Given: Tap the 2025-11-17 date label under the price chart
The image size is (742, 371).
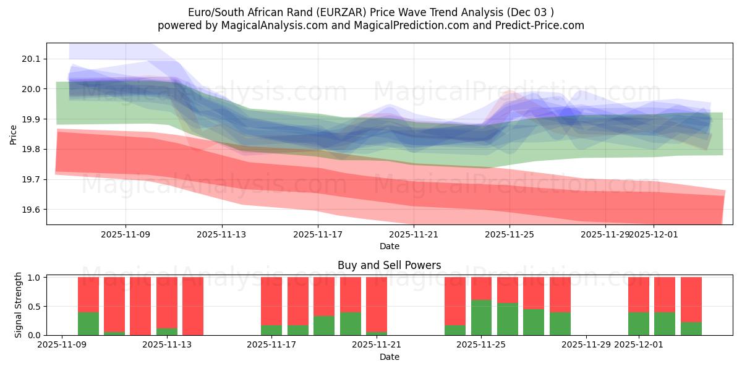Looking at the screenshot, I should pos(318,235).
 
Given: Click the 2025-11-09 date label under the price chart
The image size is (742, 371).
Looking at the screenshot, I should pos(126,235).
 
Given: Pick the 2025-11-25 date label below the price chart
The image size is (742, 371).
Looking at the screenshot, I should pos(510,235).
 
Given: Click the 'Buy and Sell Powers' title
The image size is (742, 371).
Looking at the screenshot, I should pos(389,265).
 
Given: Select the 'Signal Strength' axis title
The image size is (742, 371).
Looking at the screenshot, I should pos(19,305).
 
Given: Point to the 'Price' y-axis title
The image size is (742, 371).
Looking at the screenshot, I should pos(14,134).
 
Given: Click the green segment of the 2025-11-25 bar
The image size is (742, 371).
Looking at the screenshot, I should pos(481,318).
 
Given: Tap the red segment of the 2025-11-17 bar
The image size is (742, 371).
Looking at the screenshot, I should pos(271,301).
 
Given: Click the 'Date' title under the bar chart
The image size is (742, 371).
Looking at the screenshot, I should pos(389,357).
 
